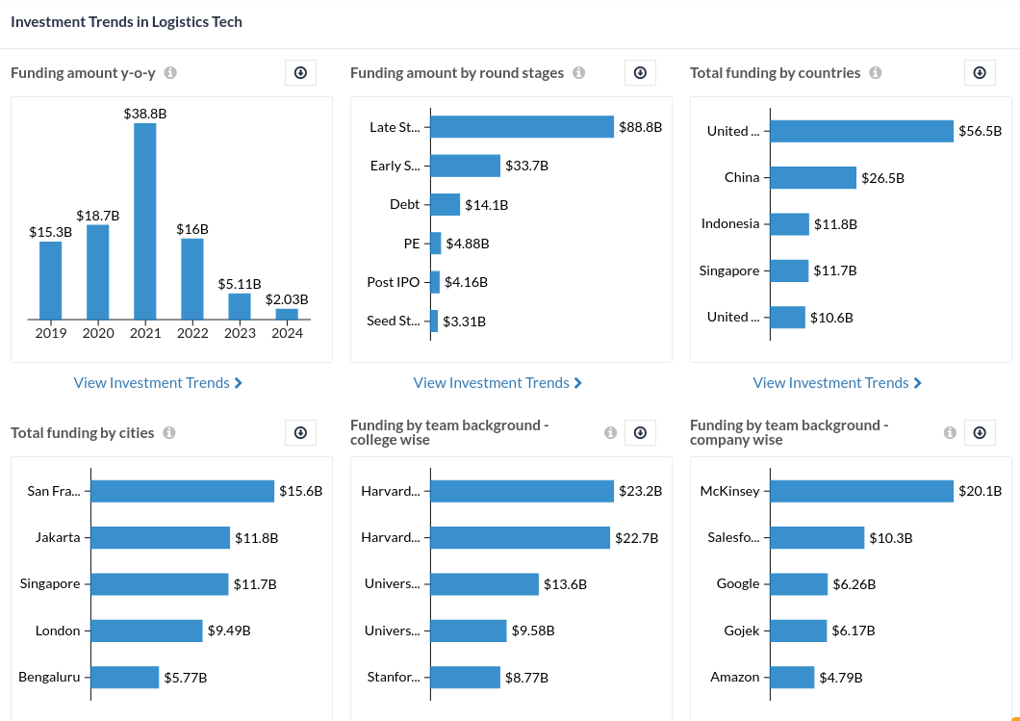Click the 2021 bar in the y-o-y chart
pos(144,221)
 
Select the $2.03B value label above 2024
pos(287,299)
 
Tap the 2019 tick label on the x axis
pos(51,333)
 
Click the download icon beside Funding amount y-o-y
pos(300,73)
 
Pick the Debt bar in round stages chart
pos(446,204)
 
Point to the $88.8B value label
pos(640,127)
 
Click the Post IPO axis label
pos(394,282)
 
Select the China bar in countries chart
pos(813,177)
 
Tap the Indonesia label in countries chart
pos(730,223)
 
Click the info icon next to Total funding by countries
pos(876,73)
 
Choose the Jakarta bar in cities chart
pos(161,537)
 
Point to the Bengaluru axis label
pos(49,677)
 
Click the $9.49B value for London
pos(229,631)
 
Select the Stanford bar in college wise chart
pos(466,677)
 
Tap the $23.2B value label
pos(640,491)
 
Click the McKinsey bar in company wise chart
pos(861,491)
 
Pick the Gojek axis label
pos(742,631)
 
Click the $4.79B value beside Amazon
pos(841,678)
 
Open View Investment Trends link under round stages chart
pos(497,383)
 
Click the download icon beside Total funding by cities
pos(300,433)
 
